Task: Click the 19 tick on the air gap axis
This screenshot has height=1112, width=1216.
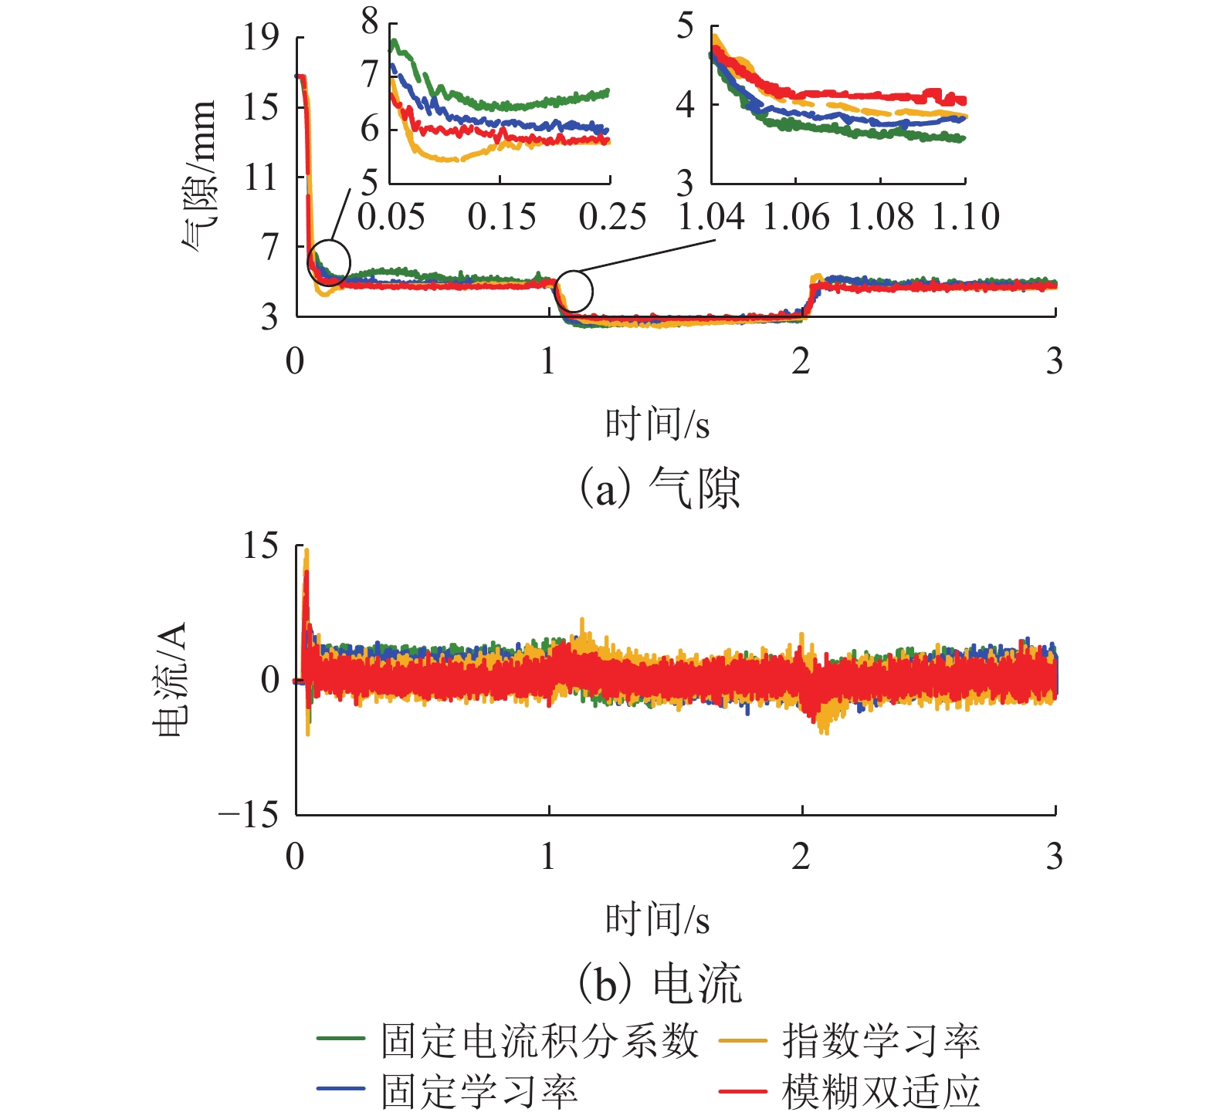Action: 260,37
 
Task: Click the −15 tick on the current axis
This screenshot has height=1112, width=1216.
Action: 248,814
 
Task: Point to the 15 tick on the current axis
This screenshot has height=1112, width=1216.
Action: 260,546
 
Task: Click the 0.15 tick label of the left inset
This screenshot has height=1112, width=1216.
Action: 501,217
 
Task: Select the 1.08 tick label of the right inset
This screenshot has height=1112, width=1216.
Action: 881,217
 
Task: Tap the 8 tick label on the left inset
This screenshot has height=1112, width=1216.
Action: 371,22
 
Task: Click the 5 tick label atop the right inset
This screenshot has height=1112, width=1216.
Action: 685,27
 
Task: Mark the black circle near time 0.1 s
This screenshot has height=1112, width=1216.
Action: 329,262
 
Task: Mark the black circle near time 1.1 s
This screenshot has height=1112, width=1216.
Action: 574,291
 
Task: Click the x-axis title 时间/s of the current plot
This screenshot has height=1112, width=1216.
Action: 657,920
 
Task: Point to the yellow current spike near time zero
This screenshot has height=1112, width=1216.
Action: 307,553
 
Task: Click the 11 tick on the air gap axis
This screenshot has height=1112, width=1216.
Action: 260,177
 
